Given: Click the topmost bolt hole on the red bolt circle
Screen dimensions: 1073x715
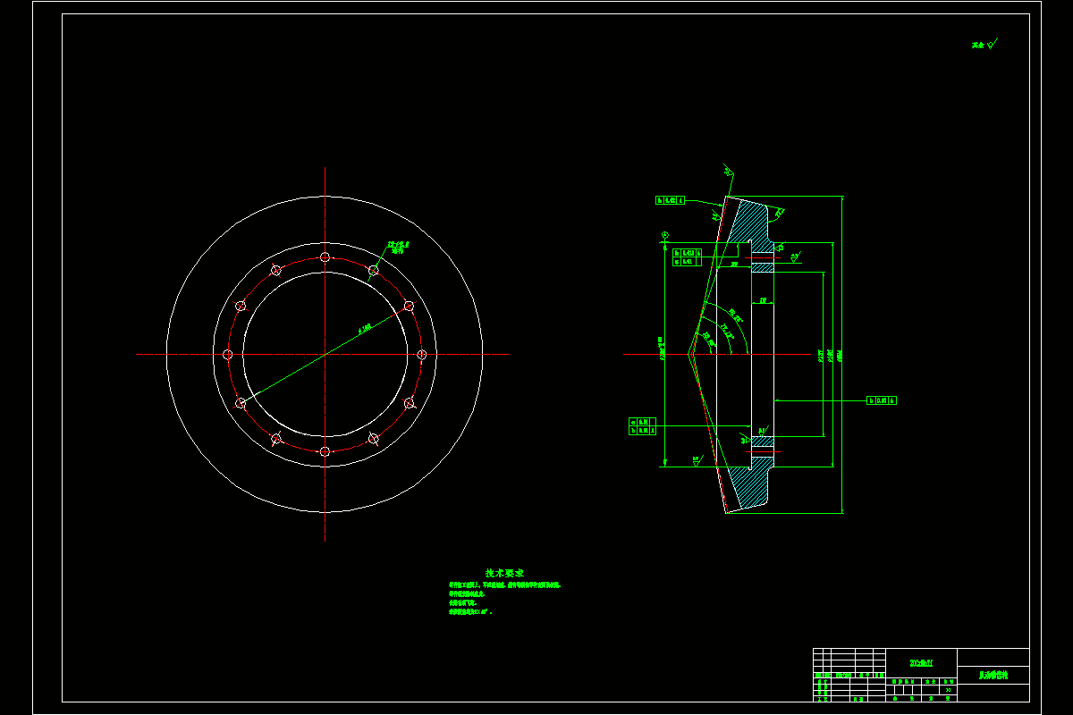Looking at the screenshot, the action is click(x=325, y=257).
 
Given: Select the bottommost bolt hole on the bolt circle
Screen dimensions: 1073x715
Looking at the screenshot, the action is click(x=325, y=451).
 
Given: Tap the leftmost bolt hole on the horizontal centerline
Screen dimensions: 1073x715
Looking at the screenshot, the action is click(x=228, y=355).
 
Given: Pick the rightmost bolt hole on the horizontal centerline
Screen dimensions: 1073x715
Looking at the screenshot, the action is click(x=422, y=355).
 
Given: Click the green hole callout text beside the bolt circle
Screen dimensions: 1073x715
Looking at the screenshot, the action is click(x=398, y=246).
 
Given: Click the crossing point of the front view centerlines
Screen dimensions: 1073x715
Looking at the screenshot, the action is click(x=325, y=355).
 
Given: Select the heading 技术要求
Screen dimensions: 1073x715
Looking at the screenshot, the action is click(x=504, y=573).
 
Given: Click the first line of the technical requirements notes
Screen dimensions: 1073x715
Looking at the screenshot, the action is click(x=504, y=585).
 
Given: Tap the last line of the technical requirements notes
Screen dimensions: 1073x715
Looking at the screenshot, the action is click(x=470, y=612).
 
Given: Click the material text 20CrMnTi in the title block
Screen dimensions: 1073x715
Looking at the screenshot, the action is click(x=921, y=662).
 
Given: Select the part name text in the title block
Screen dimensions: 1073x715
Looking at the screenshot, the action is click(x=993, y=677).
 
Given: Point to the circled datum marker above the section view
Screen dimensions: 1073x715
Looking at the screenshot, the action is click(x=664, y=235).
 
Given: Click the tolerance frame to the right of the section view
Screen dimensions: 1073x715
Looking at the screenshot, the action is click(x=882, y=400).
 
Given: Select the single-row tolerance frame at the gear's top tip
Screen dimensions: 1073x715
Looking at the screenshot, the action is click(x=670, y=201).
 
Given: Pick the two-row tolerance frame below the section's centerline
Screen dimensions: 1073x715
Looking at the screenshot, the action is click(x=643, y=425).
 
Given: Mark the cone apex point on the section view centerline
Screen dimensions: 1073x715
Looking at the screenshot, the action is click(x=689, y=355).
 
